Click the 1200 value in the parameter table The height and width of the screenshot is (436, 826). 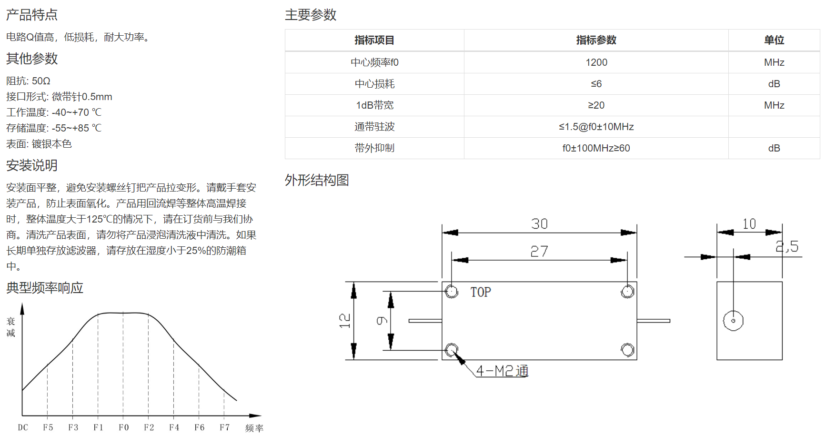596,62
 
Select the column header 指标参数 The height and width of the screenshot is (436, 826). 596,40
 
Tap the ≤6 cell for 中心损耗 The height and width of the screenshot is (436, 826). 596,84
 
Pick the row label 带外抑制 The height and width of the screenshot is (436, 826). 374,148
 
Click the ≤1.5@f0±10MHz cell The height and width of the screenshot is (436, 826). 596,127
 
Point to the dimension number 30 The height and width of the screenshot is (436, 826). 539,224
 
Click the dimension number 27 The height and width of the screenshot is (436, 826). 539,251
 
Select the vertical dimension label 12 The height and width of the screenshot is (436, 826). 345,320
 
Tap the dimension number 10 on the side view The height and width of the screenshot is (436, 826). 749,224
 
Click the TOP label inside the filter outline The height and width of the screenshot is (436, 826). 480,292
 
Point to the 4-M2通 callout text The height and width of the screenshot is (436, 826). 502,371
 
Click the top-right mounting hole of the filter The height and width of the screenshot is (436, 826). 627,292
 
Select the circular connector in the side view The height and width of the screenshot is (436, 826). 733,321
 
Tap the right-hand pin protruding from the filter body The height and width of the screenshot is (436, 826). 654,321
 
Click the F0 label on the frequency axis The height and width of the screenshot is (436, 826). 123,427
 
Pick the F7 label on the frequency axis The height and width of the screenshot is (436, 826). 224,427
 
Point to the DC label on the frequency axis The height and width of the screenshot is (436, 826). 23,427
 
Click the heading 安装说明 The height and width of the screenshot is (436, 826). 32,165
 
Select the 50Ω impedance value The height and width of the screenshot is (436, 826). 41,81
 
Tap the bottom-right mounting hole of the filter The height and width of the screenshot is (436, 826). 627,350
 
